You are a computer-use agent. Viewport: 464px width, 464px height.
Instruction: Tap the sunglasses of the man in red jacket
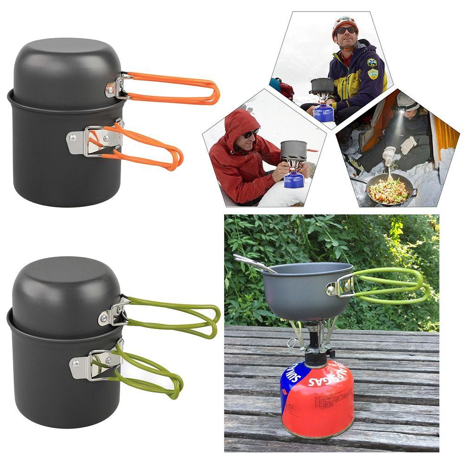(251, 134)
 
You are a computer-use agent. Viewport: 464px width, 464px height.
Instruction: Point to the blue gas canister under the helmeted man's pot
(323, 113)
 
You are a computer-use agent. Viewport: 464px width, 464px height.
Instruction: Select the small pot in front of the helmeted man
(322, 85)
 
